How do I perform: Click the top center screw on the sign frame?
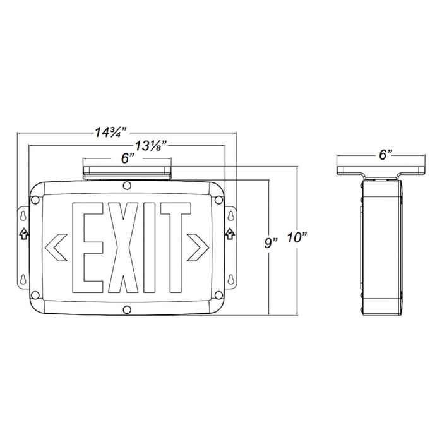(128, 186)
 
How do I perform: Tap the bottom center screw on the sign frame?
(128, 310)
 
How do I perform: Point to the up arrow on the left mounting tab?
(24, 233)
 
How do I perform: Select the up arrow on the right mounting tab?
(230, 233)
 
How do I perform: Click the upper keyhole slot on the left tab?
(24, 215)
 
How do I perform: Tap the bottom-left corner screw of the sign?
(36, 294)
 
